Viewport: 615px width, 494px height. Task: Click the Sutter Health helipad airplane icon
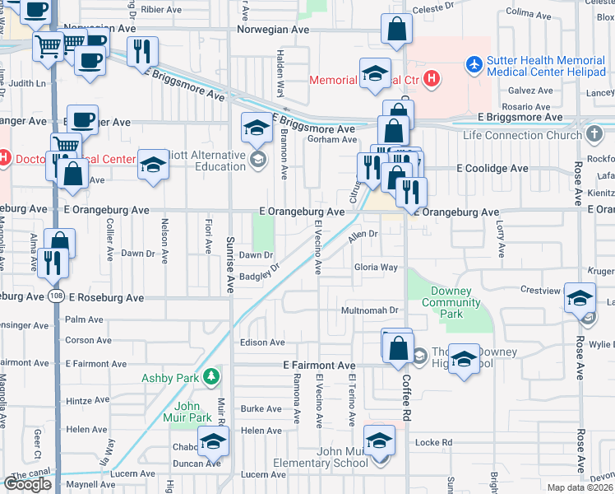click(474, 63)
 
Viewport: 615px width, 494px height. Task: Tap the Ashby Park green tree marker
click(212, 377)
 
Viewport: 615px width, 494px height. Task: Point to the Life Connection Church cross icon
click(595, 134)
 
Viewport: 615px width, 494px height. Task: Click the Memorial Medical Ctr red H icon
click(432, 80)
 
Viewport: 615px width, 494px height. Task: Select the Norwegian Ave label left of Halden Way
click(273, 29)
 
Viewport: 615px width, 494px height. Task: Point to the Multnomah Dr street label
click(370, 310)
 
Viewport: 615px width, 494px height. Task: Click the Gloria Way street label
click(376, 268)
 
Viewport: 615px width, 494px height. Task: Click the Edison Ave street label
click(261, 343)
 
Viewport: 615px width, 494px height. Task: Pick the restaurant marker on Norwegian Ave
click(144, 52)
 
